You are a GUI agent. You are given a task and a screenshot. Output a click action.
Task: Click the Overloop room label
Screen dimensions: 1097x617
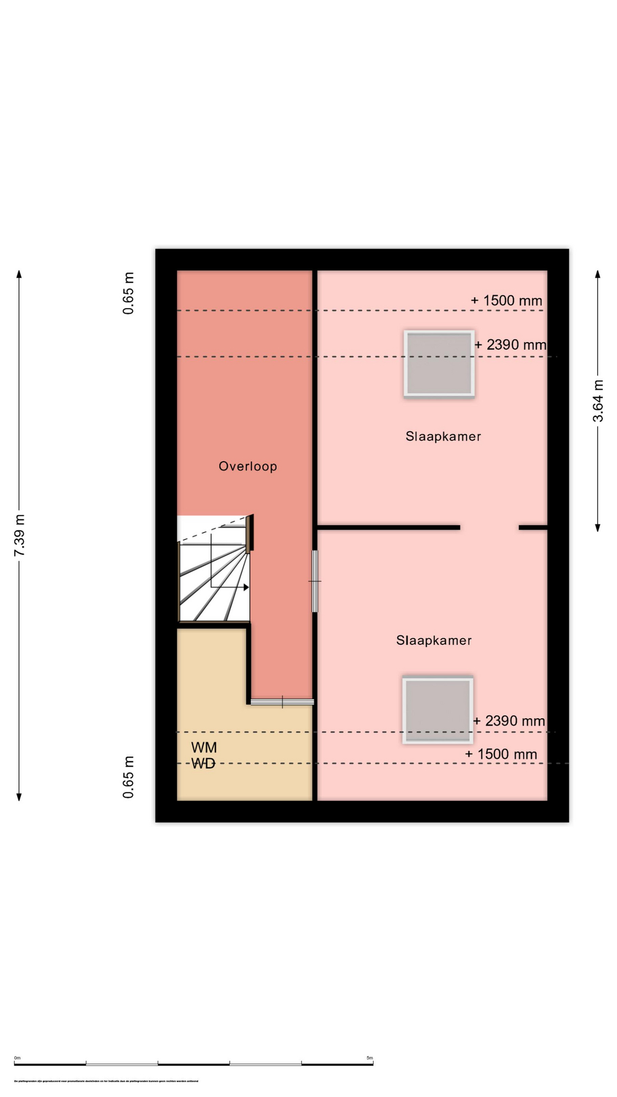click(x=247, y=466)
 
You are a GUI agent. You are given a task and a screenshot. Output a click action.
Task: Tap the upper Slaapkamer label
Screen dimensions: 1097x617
click(x=443, y=437)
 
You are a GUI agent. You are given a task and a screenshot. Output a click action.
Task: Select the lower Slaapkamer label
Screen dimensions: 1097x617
click(x=434, y=640)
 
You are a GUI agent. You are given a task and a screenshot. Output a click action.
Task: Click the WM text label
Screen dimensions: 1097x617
click(x=204, y=747)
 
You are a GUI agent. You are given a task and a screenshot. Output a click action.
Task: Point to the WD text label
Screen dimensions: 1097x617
click(x=203, y=764)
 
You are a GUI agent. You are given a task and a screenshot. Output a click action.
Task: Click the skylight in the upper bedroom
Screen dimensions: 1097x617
click(x=439, y=364)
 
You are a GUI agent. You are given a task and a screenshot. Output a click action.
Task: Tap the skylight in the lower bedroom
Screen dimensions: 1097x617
click(x=438, y=710)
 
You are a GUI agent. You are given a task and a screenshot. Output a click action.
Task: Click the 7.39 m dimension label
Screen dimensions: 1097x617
click(x=19, y=535)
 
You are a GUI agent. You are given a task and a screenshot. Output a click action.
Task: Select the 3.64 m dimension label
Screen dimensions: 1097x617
click(x=598, y=401)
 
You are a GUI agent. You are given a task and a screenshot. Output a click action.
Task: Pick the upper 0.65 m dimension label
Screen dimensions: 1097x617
click(x=129, y=293)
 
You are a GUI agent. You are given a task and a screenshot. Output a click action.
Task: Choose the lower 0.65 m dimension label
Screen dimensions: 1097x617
click(x=129, y=777)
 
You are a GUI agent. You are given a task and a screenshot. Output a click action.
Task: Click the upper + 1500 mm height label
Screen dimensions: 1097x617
click(x=506, y=301)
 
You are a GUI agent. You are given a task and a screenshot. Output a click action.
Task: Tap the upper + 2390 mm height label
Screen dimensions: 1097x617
click(x=510, y=345)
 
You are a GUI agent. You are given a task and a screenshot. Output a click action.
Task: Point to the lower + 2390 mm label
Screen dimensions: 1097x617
click(x=508, y=721)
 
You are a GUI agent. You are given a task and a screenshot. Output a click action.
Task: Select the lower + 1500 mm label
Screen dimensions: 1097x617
click(x=501, y=754)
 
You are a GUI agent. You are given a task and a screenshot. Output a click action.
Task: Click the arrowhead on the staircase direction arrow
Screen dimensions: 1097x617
click(x=246, y=587)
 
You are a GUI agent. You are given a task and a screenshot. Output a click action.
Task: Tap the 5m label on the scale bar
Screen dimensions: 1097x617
click(x=369, y=1058)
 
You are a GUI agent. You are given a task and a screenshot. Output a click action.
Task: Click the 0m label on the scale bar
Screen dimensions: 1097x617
click(x=17, y=1058)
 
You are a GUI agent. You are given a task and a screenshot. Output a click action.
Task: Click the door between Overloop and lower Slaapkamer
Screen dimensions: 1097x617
click(x=315, y=581)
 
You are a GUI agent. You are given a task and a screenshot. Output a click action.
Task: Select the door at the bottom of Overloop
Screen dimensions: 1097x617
click(x=282, y=702)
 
